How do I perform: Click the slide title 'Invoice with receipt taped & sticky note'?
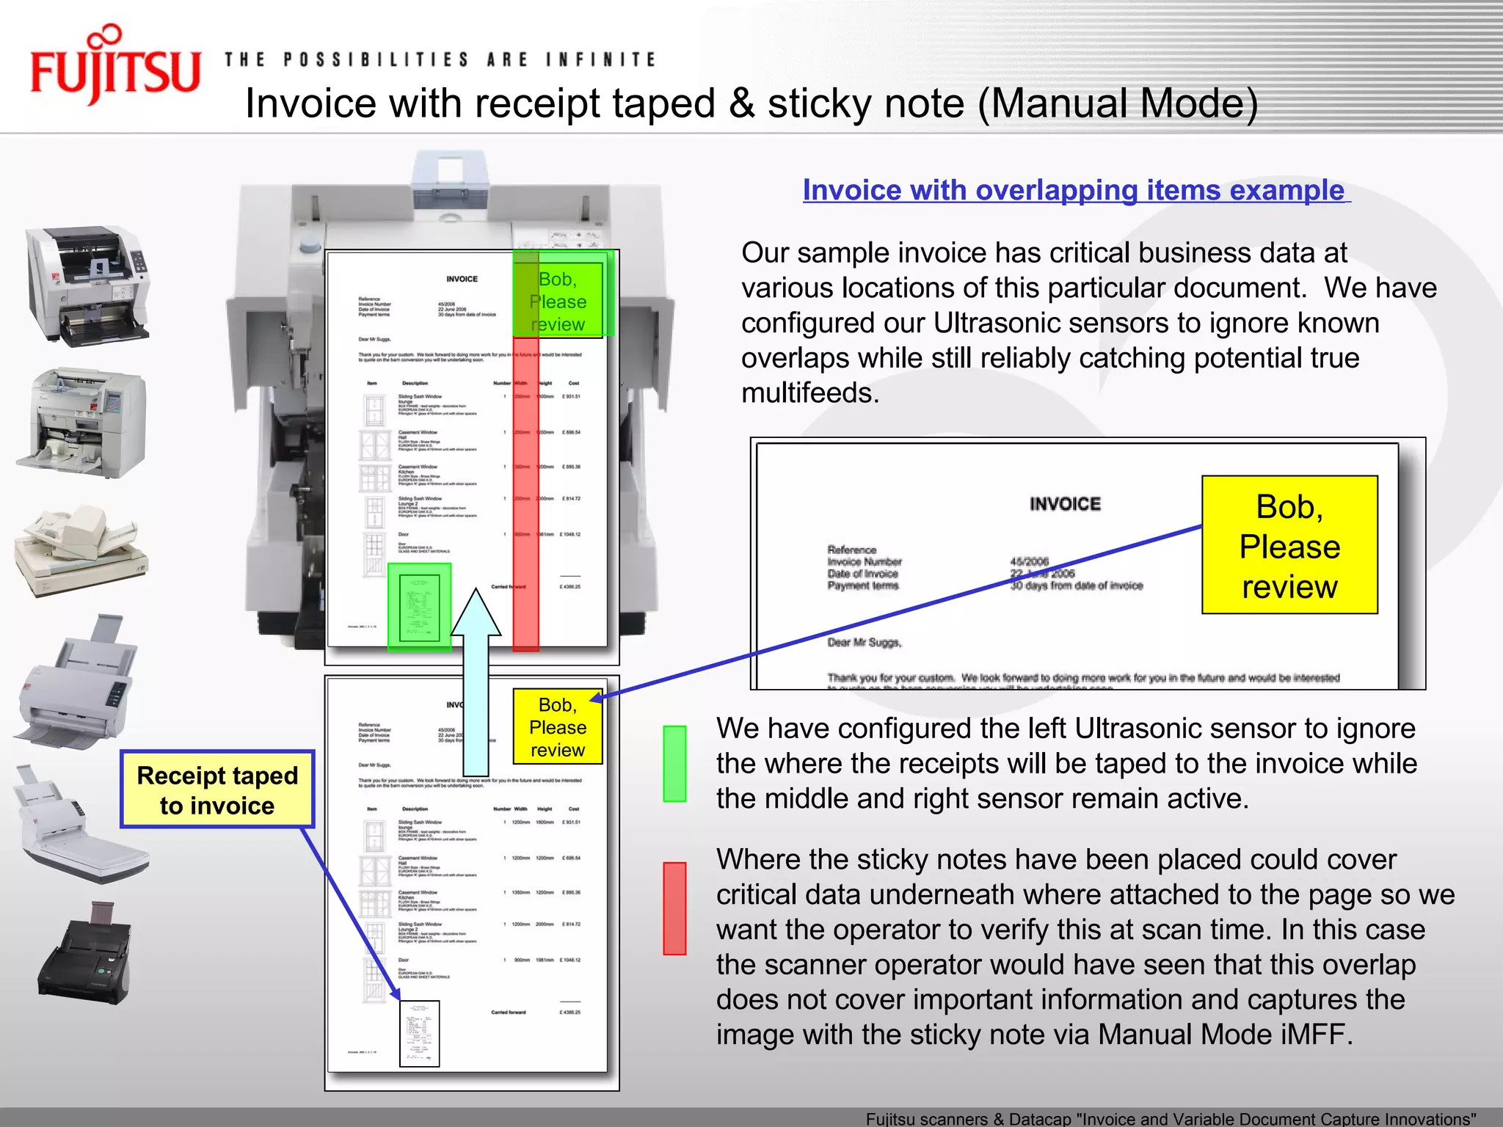coord(751,103)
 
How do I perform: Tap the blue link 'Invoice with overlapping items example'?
coord(1075,190)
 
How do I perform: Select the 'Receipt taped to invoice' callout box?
coord(217,789)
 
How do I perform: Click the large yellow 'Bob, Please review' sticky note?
coord(1289,545)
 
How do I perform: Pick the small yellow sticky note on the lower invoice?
coord(558,727)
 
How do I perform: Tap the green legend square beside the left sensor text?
coord(674,763)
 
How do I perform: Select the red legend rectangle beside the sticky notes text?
coord(674,908)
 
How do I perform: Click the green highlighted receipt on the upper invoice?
coord(419,606)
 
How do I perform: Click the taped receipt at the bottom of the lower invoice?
coord(419,1033)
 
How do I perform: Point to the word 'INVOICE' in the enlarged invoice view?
coord(1065,504)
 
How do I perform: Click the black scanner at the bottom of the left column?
coord(87,955)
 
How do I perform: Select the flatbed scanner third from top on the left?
coord(81,548)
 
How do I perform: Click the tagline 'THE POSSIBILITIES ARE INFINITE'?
coord(440,59)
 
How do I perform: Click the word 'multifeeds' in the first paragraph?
coord(809,393)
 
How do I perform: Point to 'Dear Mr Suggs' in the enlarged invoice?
coord(864,643)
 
